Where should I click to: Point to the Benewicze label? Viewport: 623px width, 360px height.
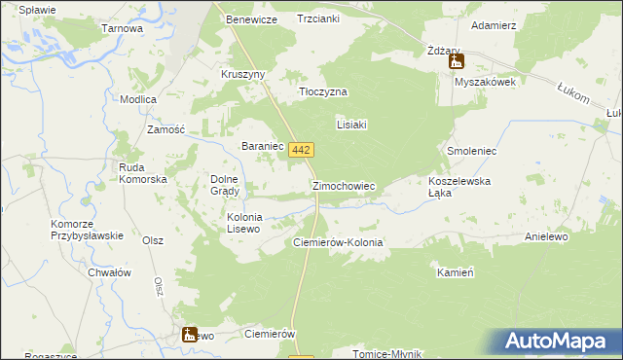pos(252,19)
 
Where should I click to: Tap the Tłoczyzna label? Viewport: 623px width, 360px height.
pos(322,91)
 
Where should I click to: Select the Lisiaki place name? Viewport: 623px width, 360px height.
pos(350,125)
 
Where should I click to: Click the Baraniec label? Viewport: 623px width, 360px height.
pos(262,146)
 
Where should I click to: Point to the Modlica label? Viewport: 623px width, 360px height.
pos(138,100)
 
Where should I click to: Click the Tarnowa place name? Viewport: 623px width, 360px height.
pos(123,29)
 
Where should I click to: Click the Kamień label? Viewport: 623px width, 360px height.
pos(455,273)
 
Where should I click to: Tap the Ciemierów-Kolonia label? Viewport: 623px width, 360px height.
pos(338,242)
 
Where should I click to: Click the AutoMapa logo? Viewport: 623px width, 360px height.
pos(559,342)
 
